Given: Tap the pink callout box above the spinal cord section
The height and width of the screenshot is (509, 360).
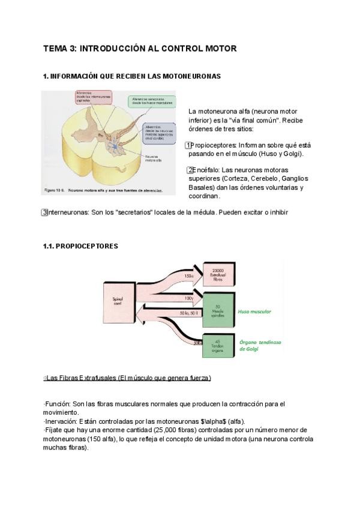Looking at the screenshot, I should pos(94,99).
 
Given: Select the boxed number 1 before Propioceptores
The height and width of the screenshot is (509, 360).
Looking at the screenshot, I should pos(188,145).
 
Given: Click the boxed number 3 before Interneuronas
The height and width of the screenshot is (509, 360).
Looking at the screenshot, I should pos(44,212).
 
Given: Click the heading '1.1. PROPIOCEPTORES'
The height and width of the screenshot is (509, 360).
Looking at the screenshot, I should pos(80,246).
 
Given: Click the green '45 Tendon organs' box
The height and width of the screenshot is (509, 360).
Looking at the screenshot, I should pos(218,345).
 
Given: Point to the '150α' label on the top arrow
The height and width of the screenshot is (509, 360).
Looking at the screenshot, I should pos(189,276).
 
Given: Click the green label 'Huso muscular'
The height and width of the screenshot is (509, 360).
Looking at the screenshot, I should pos(254,312).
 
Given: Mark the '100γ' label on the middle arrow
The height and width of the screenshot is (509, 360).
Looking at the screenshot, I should pos(189,298).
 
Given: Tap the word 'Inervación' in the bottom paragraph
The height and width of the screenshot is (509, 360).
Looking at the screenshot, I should pos(59,421).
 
